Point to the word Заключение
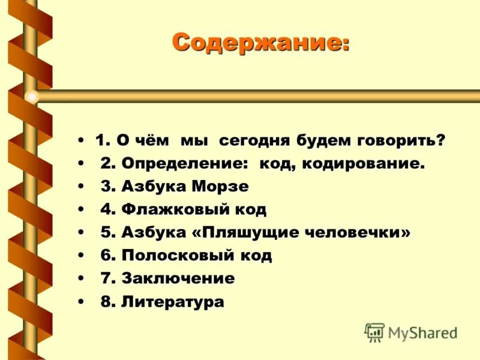coord(178,278)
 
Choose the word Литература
coord(172,302)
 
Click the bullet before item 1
coord(80,142)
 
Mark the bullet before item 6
coord(80,256)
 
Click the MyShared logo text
coord(422,332)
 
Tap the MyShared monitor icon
coord(374,332)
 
